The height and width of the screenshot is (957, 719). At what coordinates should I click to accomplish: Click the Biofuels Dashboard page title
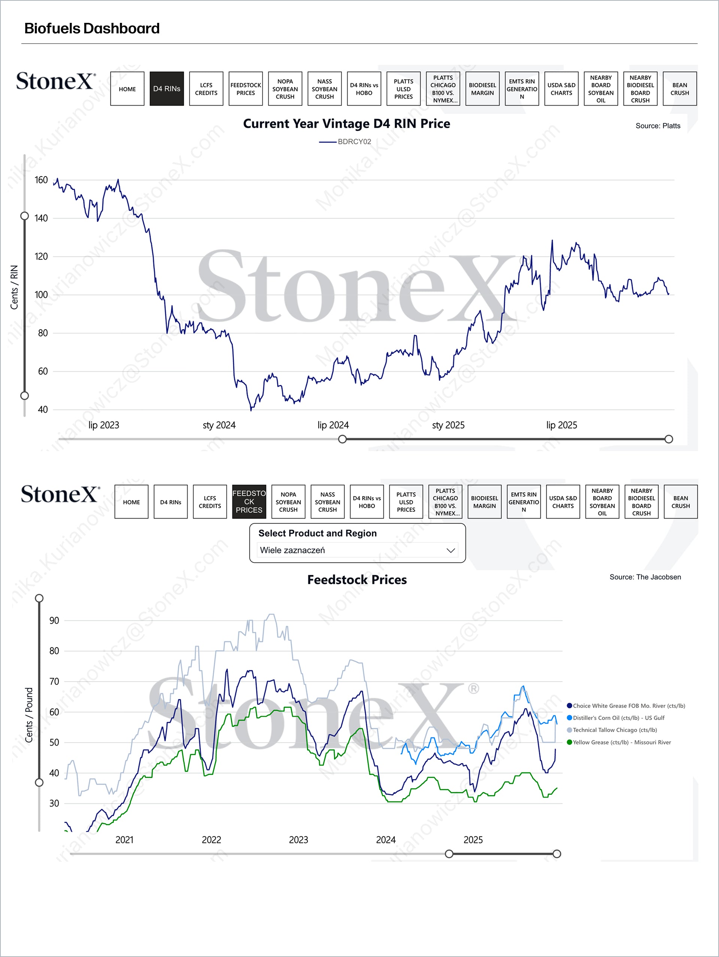(x=92, y=28)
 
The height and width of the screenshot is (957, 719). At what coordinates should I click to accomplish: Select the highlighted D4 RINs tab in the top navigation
(x=166, y=89)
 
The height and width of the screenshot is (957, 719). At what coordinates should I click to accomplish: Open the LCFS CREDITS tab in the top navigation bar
(x=206, y=89)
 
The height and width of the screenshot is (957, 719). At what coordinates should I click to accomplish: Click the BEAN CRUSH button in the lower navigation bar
(x=680, y=502)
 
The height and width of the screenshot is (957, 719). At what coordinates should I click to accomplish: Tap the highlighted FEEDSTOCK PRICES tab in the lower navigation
(x=249, y=502)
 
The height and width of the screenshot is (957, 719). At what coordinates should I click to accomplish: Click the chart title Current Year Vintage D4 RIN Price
(x=346, y=124)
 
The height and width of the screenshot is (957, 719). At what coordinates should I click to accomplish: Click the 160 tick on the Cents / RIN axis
(x=41, y=180)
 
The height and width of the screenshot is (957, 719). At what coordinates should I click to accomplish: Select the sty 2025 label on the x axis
(x=448, y=425)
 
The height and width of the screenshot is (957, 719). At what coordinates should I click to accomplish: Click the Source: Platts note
(x=658, y=126)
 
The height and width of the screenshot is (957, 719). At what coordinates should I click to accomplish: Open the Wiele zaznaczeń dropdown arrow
(x=450, y=550)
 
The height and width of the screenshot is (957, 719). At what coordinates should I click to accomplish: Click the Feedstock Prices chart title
(x=357, y=580)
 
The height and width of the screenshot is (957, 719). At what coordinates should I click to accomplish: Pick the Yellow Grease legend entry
(x=622, y=742)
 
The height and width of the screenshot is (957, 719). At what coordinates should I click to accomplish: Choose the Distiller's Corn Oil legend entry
(x=618, y=718)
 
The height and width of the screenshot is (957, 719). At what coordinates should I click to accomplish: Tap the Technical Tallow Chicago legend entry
(x=615, y=730)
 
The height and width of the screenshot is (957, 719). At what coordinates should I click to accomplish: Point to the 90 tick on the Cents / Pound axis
(x=54, y=621)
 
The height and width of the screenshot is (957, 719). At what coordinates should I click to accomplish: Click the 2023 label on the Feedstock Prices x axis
(x=298, y=840)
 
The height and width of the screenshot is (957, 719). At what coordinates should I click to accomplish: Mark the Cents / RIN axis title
(x=14, y=287)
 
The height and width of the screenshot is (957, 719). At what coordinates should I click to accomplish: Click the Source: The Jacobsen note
(x=645, y=577)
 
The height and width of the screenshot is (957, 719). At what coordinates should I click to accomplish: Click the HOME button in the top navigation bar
(x=127, y=89)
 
